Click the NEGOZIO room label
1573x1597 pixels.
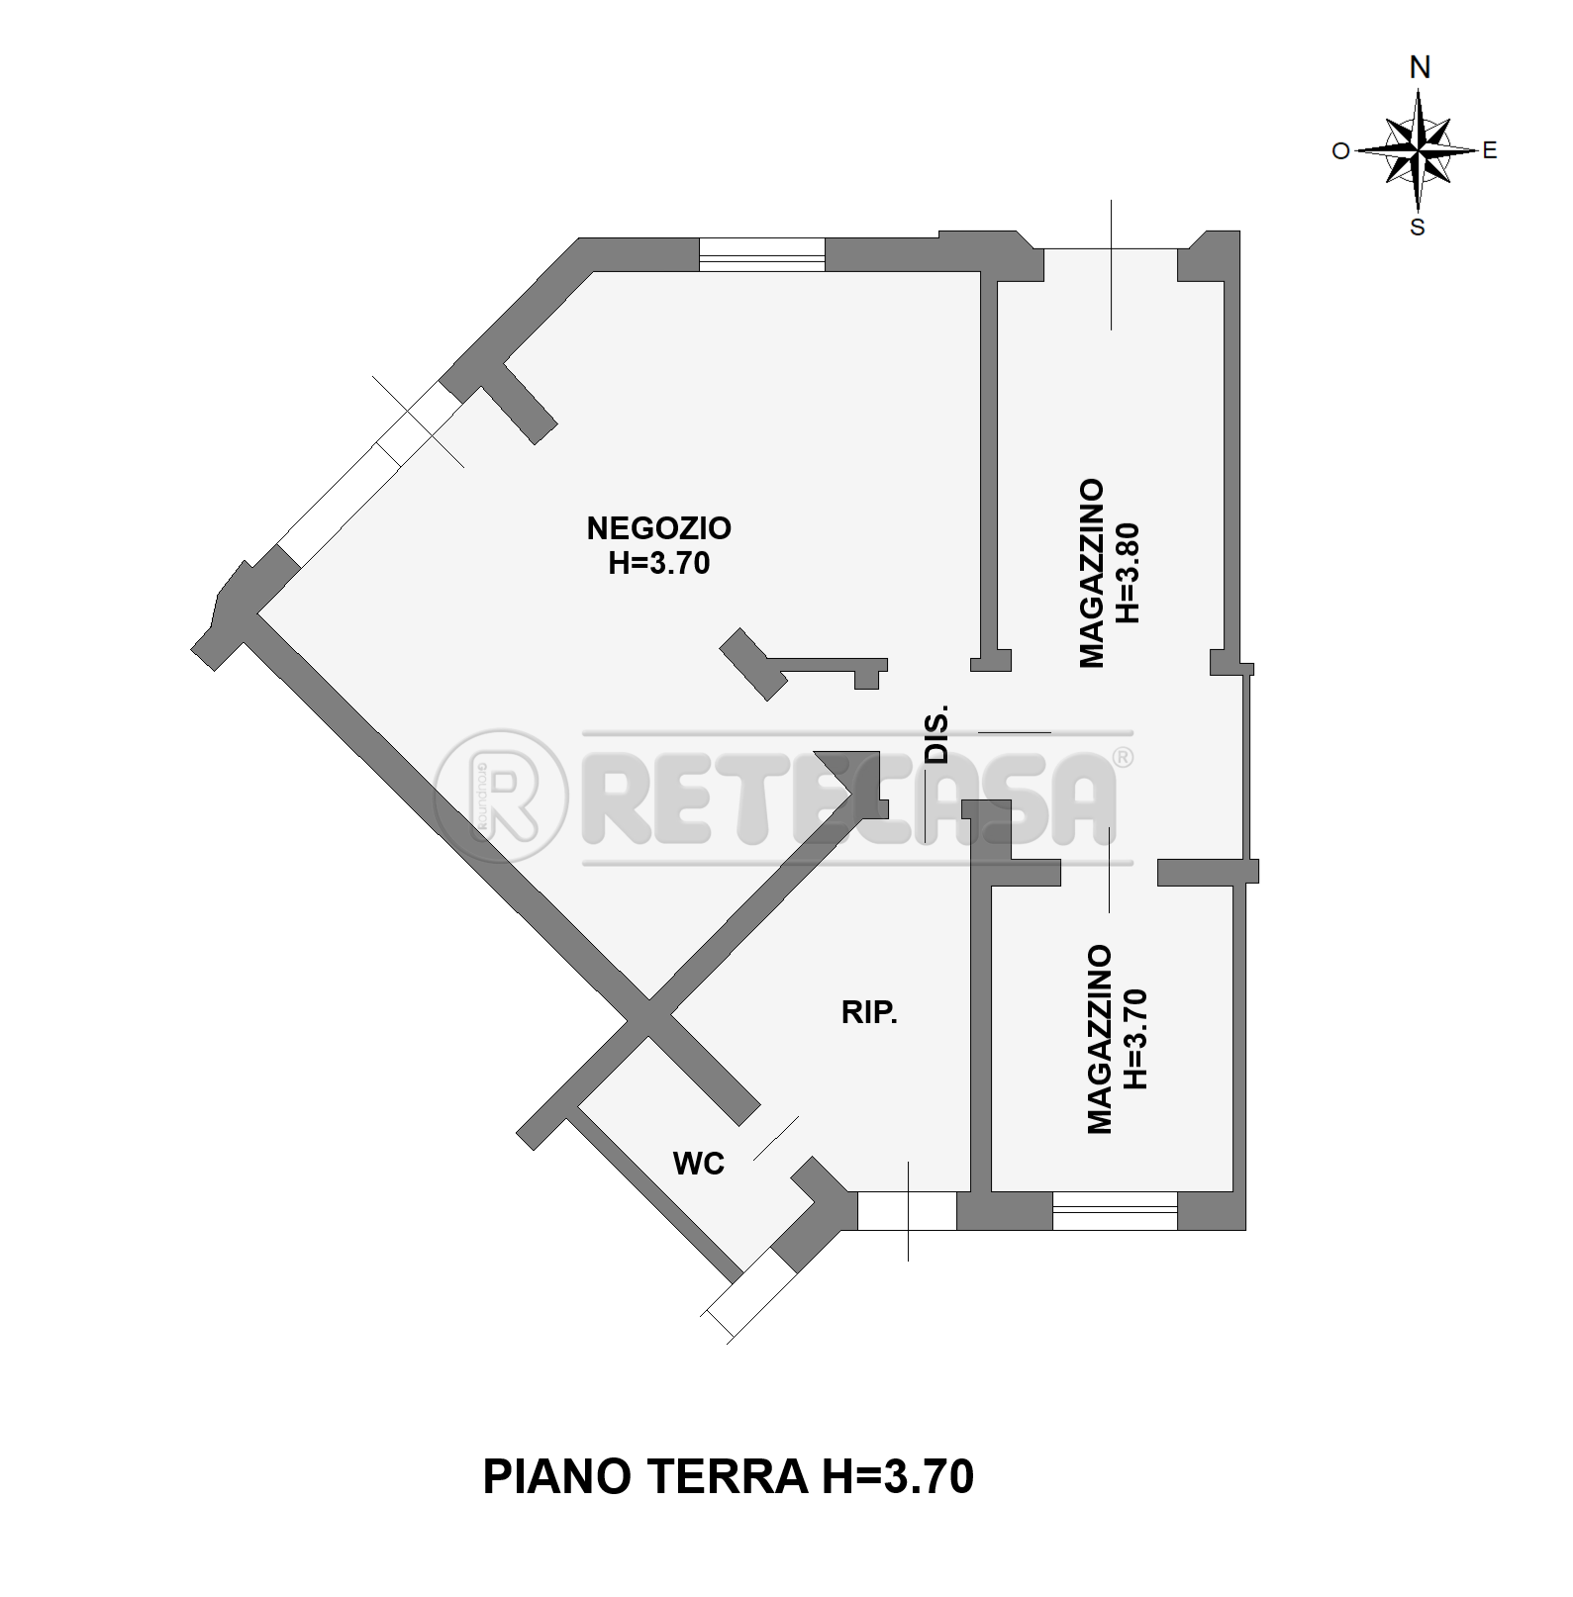coord(658,528)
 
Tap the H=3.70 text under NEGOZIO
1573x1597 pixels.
coord(658,564)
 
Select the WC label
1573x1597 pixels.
coord(699,1165)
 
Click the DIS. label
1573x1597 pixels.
coord(936,734)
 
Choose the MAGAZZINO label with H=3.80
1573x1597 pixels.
coord(1092,573)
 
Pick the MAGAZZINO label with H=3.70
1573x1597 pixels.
coord(1100,1039)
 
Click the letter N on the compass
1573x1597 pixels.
coord(1420,67)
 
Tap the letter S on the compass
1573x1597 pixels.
coord(1418,228)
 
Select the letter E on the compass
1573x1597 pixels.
coord(1490,151)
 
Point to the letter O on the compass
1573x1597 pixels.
coord(1340,151)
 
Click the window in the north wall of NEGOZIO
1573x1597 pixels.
coord(761,254)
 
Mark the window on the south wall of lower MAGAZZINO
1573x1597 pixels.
coord(1115,1211)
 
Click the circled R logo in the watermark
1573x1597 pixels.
coord(502,796)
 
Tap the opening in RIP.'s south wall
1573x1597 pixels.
coord(907,1211)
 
